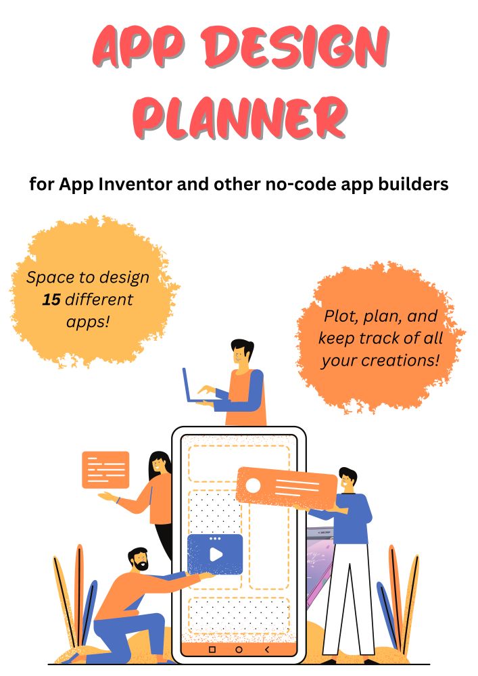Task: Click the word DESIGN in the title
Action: [x=296, y=47]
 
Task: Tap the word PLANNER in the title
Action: [x=239, y=117]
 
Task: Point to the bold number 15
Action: [x=51, y=299]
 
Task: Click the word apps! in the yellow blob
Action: [x=89, y=322]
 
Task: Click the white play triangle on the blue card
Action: [x=216, y=554]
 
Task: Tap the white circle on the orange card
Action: [x=253, y=485]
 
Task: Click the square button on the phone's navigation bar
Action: [x=212, y=649]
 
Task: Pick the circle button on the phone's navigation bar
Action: [x=239, y=649]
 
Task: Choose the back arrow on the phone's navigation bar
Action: [x=267, y=649]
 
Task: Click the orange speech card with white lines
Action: [x=105, y=470]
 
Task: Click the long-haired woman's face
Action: [x=158, y=465]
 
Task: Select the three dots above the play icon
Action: [x=214, y=539]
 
